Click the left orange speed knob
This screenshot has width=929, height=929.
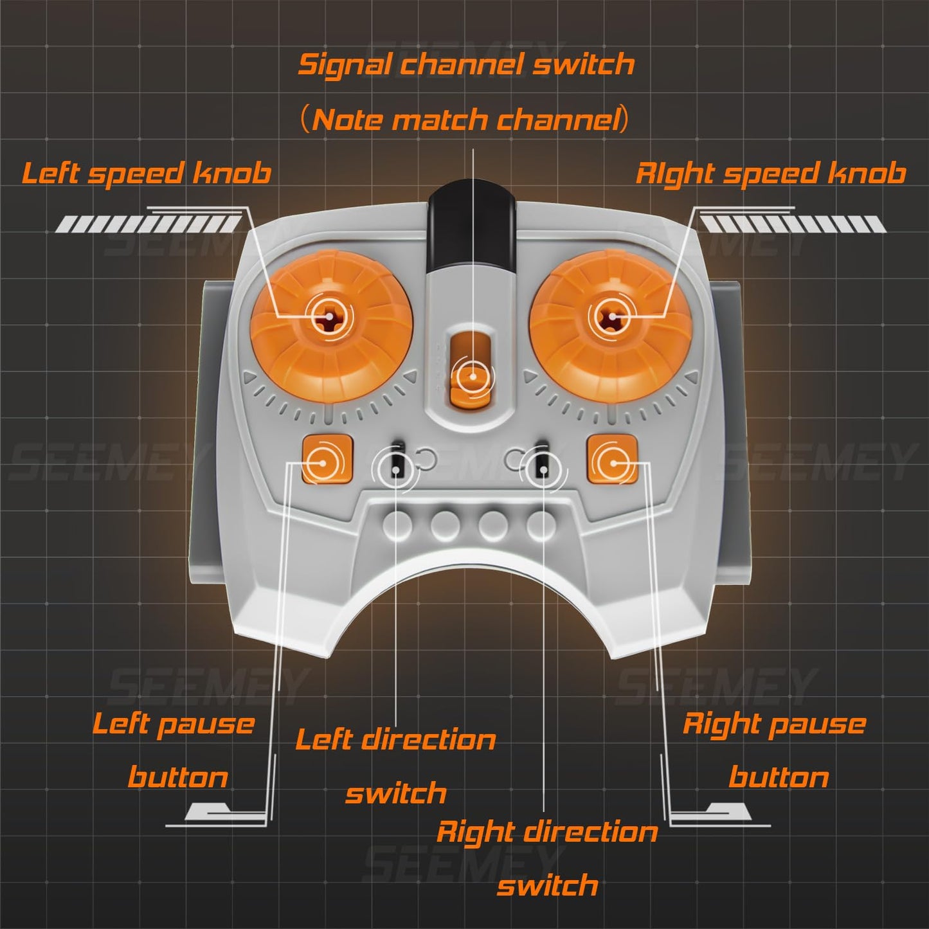330,316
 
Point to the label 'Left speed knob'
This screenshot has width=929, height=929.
147,174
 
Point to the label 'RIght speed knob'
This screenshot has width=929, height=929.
770,174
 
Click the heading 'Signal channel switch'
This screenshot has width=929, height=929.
466,64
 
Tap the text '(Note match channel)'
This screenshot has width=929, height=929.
464,120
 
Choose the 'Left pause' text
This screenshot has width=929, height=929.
174,724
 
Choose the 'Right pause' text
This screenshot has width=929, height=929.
774,724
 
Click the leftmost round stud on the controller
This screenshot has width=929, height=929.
399,526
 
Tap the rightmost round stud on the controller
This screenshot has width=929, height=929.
541,526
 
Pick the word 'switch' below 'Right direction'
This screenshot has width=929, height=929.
547,886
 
